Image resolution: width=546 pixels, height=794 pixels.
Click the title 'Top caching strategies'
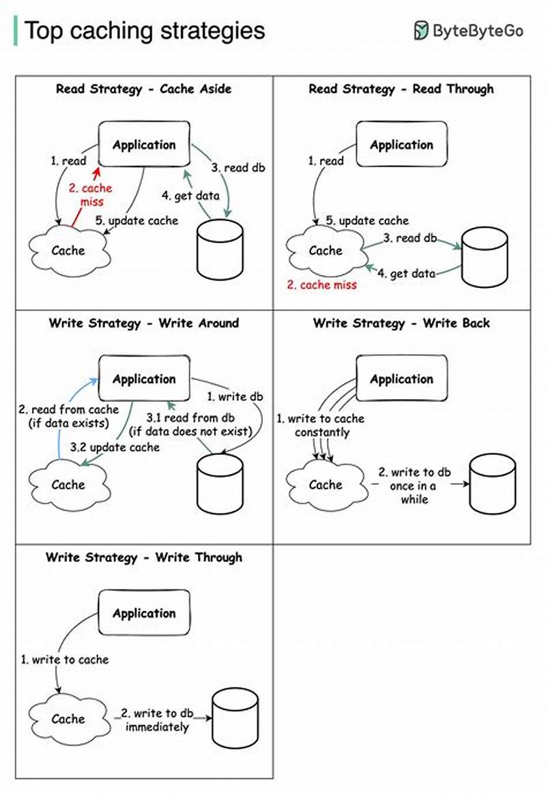[144, 31]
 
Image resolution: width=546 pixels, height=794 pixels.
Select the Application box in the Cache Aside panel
[144, 145]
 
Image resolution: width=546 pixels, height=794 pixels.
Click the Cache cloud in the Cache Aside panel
[68, 250]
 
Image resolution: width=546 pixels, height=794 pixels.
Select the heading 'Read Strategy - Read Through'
[401, 89]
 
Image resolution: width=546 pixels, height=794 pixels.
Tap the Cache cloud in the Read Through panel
[326, 250]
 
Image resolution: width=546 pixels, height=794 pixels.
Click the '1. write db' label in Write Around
[235, 396]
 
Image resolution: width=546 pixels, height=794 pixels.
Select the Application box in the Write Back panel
[401, 379]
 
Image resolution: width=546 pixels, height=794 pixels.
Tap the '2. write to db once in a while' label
[414, 486]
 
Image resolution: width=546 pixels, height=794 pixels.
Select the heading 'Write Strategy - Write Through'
[144, 557]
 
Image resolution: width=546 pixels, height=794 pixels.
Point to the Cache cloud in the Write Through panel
[68, 719]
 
